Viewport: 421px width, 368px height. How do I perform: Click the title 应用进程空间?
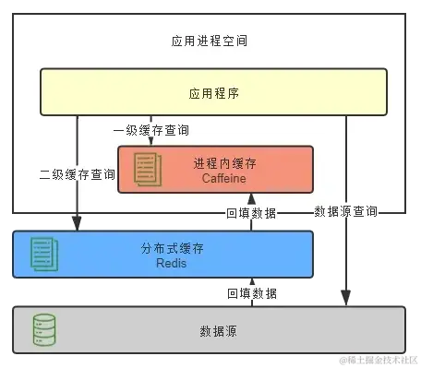pos(210,42)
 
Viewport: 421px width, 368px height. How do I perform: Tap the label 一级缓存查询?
pos(150,130)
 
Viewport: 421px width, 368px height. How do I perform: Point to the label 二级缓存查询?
pos(78,173)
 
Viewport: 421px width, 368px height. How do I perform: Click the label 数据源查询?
pos(345,211)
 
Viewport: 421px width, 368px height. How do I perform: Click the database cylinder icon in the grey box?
pos(43,329)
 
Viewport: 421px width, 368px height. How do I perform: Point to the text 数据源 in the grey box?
pos(218,330)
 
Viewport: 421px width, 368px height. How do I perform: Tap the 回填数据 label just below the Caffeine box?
pos(251,213)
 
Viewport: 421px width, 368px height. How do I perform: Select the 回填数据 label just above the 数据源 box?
pos(251,292)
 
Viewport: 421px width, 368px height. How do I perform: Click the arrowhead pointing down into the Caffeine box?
pos(150,141)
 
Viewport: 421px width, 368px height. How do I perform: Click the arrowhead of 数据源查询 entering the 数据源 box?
pos(346,297)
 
